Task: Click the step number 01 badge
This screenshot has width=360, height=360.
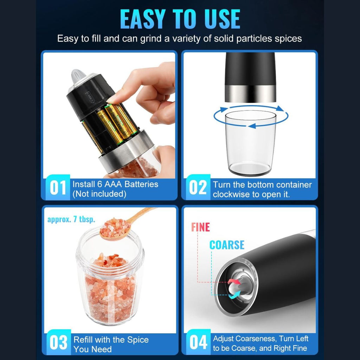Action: click(x=58, y=187)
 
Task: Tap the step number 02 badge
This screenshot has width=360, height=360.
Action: click(x=198, y=187)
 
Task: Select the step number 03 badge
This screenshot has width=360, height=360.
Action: click(x=59, y=342)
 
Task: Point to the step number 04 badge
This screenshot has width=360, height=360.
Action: click(x=198, y=342)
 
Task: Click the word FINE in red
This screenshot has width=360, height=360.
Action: click(x=200, y=227)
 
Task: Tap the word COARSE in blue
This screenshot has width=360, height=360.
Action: click(x=227, y=245)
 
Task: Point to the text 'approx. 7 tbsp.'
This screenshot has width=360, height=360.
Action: click(x=71, y=219)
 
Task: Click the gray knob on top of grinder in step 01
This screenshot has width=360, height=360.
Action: click(x=78, y=76)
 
